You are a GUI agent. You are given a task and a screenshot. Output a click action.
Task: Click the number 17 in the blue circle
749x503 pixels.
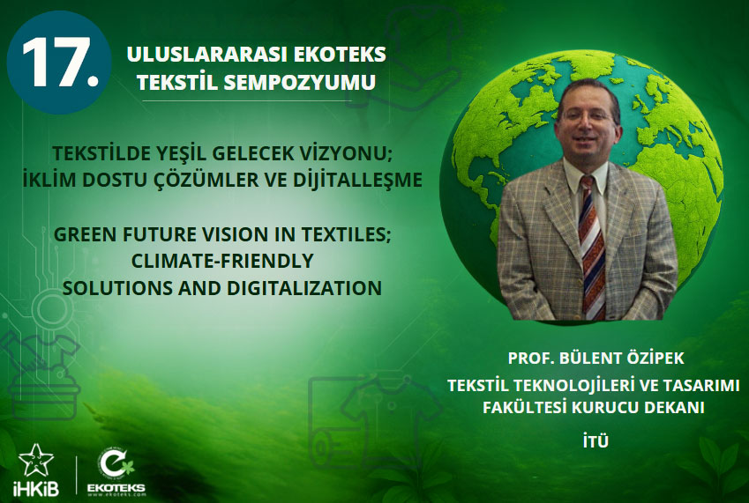(59, 63)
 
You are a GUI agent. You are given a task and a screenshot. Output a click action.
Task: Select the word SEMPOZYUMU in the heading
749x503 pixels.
(299, 82)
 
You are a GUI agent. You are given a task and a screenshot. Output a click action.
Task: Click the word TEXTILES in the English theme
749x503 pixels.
(345, 234)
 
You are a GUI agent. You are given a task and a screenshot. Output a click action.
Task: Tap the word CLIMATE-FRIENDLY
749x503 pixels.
(222, 261)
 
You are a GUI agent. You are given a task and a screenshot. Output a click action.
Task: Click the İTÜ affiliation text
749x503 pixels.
(595, 441)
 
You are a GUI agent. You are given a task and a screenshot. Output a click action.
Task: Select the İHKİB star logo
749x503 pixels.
(36, 461)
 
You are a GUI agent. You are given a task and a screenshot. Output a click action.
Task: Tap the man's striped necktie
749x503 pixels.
(592, 247)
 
